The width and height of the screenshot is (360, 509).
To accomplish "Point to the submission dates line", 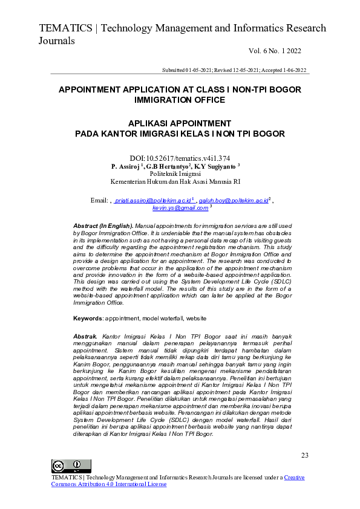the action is [x=234, y=70].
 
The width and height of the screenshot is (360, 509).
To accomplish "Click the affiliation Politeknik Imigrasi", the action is [x=175, y=173].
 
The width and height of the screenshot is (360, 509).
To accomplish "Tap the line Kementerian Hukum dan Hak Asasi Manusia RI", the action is [x=175, y=181].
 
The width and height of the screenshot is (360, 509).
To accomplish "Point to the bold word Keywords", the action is [x=88, y=318].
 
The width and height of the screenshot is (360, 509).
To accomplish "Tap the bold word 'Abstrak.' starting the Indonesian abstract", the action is [x=85, y=335].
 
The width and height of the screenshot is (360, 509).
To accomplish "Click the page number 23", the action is [x=304, y=455].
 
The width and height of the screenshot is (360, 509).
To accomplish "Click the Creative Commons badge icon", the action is [x=71, y=466].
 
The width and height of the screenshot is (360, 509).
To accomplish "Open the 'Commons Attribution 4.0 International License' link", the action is [x=109, y=484].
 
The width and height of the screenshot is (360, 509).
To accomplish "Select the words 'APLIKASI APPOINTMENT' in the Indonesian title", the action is [x=180, y=123].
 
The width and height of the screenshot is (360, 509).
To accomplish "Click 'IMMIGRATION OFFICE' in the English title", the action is [x=180, y=100].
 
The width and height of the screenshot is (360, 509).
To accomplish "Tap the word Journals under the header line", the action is [x=57, y=41].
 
